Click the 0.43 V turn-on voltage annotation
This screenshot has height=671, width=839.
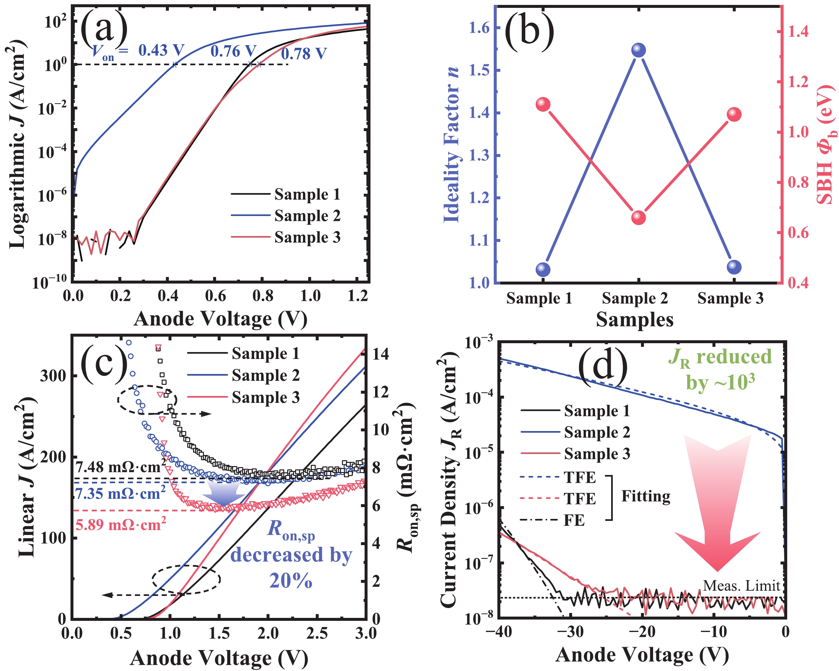click(x=161, y=50)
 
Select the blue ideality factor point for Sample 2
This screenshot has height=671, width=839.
click(x=638, y=50)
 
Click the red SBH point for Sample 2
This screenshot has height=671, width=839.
click(x=638, y=217)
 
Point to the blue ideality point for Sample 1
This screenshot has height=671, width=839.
click(x=543, y=269)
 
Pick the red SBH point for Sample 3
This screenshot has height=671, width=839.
click(x=734, y=114)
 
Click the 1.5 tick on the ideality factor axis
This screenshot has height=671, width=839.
click(x=479, y=70)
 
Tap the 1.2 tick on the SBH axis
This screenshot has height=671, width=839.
click(x=798, y=82)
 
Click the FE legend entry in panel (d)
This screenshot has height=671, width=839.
click(x=574, y=520)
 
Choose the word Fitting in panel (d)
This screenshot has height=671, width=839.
click(x=646, y=496)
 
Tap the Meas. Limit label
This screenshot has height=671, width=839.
click(x=741, y=586)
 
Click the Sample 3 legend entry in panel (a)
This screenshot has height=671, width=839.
click(x=307, y=237)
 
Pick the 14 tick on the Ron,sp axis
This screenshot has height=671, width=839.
click(x=380, y=354)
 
